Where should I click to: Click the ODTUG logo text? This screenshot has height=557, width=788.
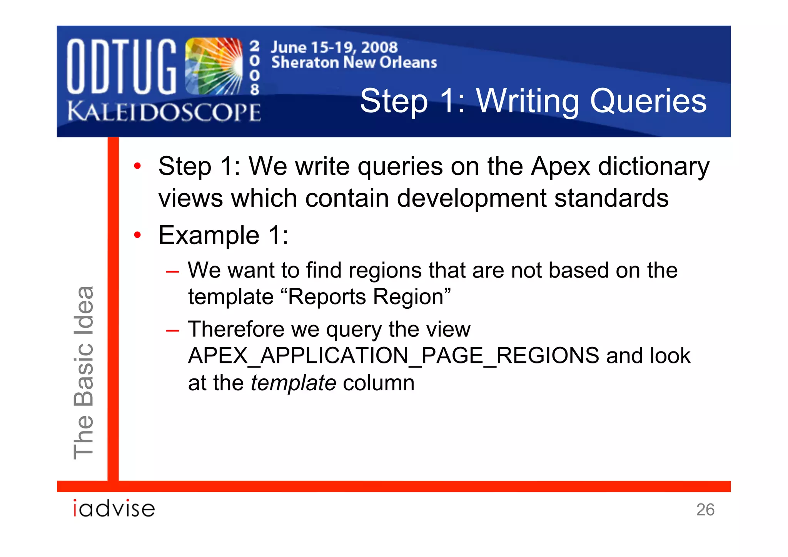(121, 66)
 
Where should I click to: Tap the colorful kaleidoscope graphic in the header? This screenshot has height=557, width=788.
(214, 66)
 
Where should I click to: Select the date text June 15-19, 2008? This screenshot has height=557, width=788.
(334, 47)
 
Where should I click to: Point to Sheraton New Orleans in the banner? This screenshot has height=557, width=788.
(354, 62)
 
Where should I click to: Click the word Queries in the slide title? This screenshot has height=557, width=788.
(648, 101)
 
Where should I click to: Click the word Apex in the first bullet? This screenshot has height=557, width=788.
(560, 166)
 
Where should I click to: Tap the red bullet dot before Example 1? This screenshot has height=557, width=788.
(137, 235)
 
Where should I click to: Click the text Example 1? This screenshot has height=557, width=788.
(223, 235)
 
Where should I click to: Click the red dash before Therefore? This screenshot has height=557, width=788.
(172, 330)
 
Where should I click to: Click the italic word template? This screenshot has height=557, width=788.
(293, 383)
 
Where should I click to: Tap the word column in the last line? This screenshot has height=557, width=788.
(379, 383)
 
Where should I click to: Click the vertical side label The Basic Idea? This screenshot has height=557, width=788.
(83, 372)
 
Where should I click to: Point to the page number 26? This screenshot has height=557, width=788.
(705, 510)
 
